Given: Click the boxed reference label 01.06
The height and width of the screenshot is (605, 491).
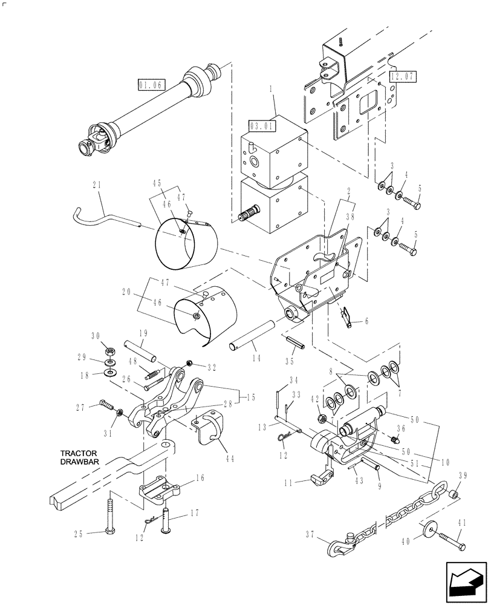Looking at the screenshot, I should (151, 86).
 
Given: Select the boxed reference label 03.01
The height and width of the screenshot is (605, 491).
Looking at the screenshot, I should (261, 126).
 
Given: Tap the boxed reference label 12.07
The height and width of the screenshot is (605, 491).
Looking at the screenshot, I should (403, 76).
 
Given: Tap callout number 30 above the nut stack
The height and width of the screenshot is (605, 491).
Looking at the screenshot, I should (95, 336).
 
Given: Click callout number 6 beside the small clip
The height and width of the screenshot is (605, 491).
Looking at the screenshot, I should (366, 321).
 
